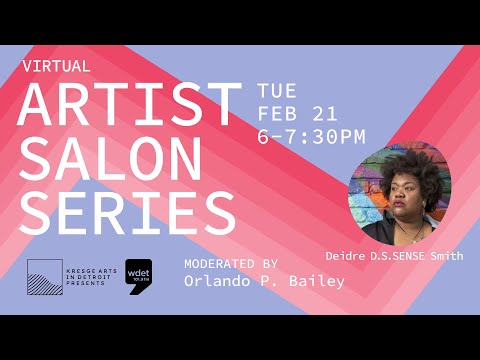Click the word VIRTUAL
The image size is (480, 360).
[56, 66]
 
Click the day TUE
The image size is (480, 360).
[277, 90]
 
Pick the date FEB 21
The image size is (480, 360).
[300, 112]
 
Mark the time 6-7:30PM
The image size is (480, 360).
[311, 135]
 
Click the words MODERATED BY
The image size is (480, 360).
[231, 263]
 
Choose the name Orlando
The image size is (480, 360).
[219, 282]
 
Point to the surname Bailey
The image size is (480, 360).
[317, 282]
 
